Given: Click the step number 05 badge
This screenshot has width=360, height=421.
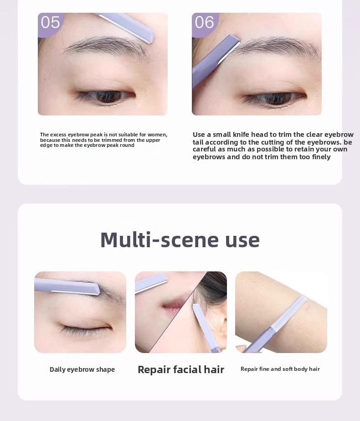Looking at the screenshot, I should coord(50,22).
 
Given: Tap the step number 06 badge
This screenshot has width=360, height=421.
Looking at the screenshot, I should coord(204,22).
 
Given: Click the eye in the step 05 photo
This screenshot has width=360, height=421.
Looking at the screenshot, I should coord(104,96).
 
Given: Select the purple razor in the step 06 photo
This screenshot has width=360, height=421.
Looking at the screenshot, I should coord(214,59).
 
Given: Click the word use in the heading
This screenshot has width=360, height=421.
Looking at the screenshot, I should coord(242,240).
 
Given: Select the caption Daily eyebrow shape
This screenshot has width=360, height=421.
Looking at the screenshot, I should coord(82,369).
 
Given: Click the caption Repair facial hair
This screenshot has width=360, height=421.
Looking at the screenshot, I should coord(181,369).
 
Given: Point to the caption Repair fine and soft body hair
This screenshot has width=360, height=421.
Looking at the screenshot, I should coord(280,369).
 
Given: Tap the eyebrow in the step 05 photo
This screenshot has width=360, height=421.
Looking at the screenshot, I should coord(103,46).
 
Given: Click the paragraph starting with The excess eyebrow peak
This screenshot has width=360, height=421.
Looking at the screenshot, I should coord(103,140).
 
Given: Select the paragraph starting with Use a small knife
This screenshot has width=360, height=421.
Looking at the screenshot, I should coord(273,146).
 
